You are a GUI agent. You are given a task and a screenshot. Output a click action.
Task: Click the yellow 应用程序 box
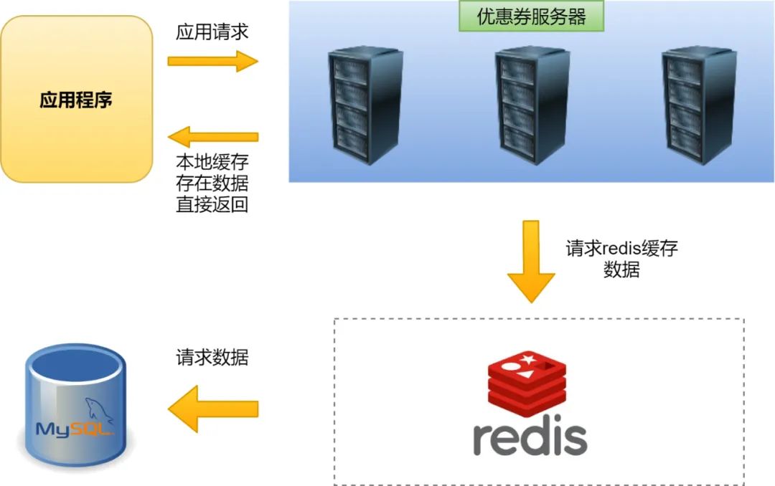click(x=76, y=99)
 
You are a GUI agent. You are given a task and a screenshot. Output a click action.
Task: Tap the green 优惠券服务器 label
click(x=532, y=17)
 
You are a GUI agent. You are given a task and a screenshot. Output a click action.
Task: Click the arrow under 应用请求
click(x=212, y=61)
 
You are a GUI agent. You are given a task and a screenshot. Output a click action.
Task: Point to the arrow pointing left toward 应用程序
click(x=212, y=136)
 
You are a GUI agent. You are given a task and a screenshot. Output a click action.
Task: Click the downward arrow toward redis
click(x=531, y=261)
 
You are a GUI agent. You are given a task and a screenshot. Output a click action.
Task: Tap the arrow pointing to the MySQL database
click(x=212, y=409)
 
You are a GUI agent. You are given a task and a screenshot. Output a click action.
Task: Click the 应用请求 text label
click(x=212, y=32)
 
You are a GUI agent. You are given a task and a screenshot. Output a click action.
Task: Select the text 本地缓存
click(x=212, y=161)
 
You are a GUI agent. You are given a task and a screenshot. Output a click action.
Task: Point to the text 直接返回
click(x=212, y=204)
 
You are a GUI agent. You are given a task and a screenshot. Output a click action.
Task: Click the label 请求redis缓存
click(x=621, y=249)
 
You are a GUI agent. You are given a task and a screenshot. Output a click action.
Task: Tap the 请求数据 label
click(x=212, y=357)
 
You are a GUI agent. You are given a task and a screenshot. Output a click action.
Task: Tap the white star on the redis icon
click(x=529, y=358)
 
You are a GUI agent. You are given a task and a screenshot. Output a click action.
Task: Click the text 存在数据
click(x=212, y=183)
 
